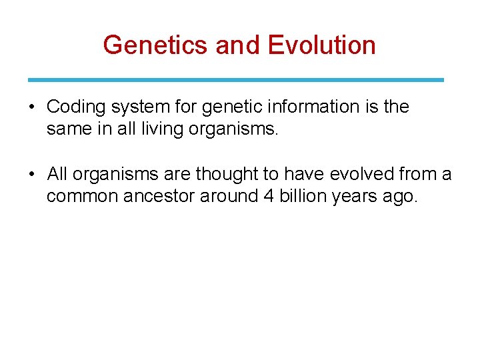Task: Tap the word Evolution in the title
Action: pyautogui.click(x=321, y=45)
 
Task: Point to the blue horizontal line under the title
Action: pyautogui.click(x=236, y=80)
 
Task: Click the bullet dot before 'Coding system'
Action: pyautogui.click(x=32, y=107)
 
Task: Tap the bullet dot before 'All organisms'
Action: pyautogui.click(x=32, y=175)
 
